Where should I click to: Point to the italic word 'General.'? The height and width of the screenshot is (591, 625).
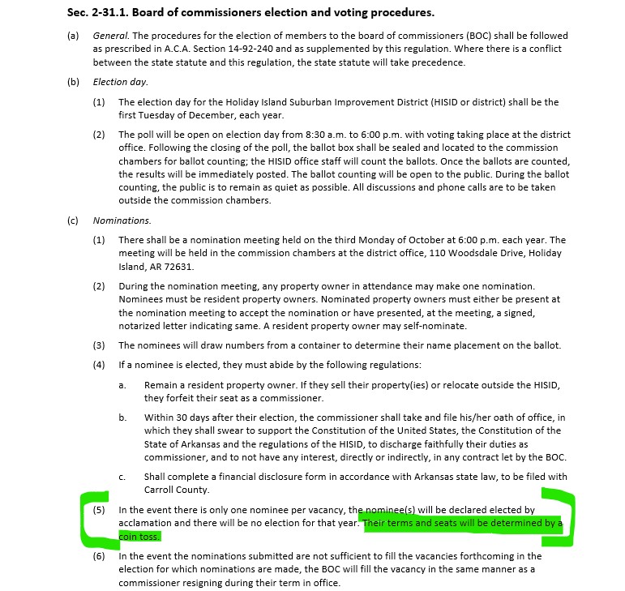tap(111, 36)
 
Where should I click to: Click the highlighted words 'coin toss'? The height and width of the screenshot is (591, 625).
tap(140, 536)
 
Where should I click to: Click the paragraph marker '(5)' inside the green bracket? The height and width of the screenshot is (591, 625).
tap(99, 510)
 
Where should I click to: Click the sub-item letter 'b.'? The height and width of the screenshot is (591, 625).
tap(122, 418)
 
